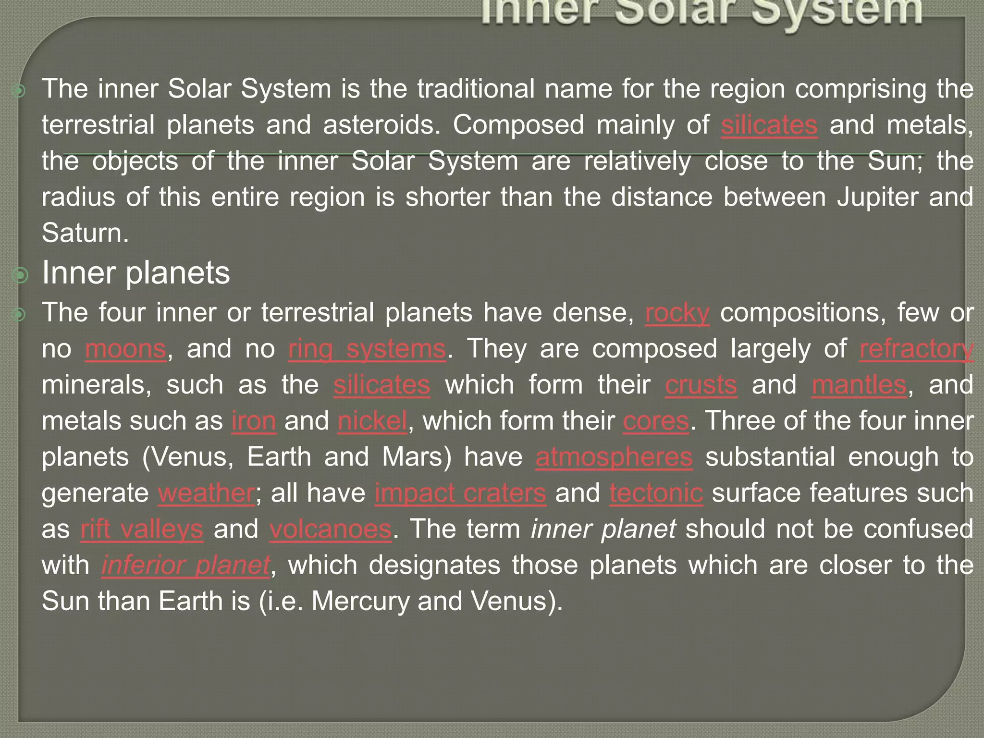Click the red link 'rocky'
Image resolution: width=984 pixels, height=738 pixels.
pyautogui.click(x=677, y=313)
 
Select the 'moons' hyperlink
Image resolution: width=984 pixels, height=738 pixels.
pyautogui.click(x=126, y=349)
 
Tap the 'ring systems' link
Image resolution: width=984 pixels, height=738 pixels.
pyautogui.click(x=367, y=349)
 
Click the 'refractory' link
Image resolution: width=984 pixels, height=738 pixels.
pyautogui.click(x=916, y=349)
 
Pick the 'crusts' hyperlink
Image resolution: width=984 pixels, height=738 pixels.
pyautogui.click(x=701, y=385)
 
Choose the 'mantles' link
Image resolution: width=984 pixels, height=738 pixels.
pyautogui.click(x=859, y=385)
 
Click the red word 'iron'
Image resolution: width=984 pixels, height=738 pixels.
pyautogui.click(x=254, y=421)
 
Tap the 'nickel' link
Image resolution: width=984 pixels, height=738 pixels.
pyautogui.click(x=372, y=421)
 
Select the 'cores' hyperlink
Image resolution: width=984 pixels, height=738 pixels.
pyautogui.click(x=656, y=421)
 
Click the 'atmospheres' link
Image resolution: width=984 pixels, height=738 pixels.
pyautogui.click(x=614, y=457)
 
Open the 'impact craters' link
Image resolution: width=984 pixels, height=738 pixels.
pyautogui.click(x=460, y=493)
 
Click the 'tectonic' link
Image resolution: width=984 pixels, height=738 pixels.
pyautogui.click(x=656, y=493)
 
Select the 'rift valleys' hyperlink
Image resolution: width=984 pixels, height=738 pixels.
pyautogui.click(x=142, y=529)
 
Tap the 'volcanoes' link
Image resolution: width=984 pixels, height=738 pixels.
pyautogui.click(x=331, y=529)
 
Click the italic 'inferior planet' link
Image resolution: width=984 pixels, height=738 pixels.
pyautogui.click(x=186, y=566)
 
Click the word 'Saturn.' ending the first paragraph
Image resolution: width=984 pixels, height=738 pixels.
pyautogui.click(x=86, y=234)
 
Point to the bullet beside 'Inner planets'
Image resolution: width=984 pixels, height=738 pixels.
pyautogui.click(x=21, y=275)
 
